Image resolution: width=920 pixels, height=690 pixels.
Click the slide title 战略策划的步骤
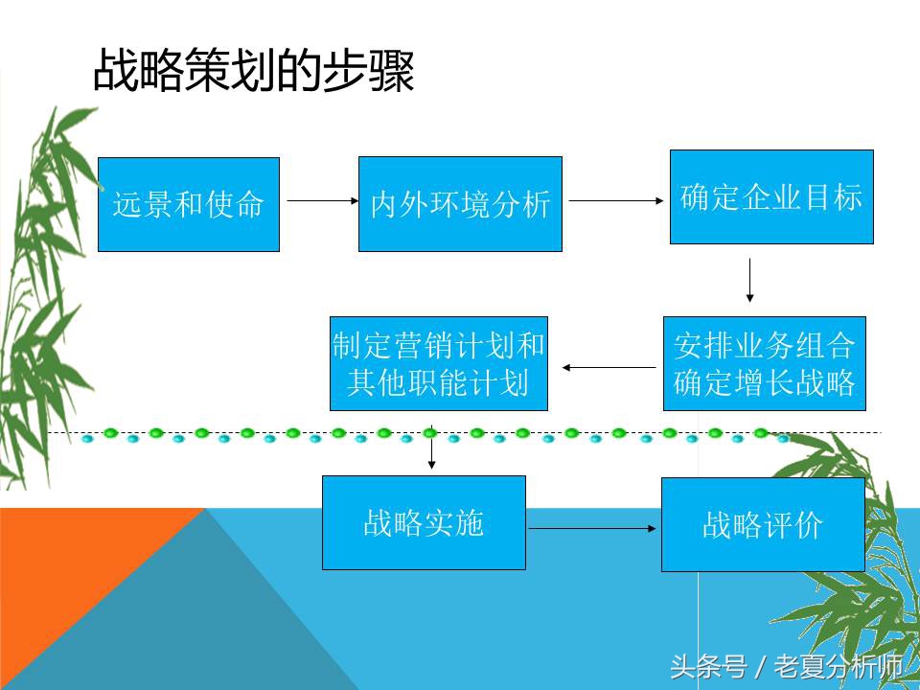[254, 72]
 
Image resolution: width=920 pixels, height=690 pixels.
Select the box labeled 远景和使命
[189, 204]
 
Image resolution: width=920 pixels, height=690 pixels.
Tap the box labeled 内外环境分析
[460, 204]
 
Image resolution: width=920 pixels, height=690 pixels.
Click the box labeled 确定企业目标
[771, 196]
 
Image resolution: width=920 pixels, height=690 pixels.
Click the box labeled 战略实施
[424, 522]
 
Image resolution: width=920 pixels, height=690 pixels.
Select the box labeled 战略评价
[763, 524]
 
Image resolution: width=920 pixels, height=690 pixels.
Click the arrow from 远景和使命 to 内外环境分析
[319, 201]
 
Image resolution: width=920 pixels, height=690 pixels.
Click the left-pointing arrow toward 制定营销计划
[609, 367]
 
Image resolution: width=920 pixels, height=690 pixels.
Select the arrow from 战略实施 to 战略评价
[592, 527]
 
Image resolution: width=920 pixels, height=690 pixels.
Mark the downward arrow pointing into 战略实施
[431, 450]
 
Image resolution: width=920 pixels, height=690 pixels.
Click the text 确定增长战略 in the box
[764, 383]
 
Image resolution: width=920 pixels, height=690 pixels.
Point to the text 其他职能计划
[439, 383]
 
